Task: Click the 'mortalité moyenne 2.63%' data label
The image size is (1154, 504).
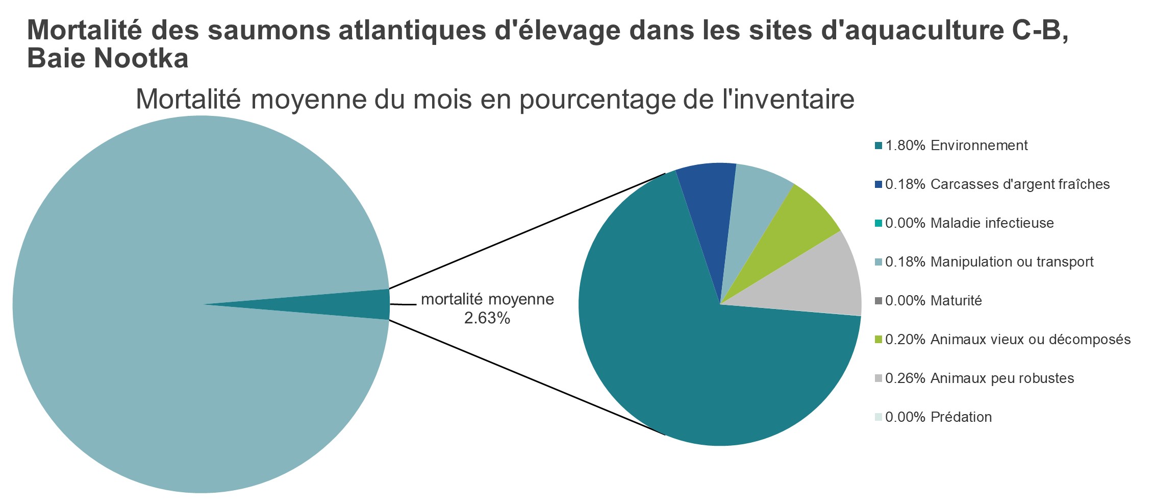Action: [x=487, y=308]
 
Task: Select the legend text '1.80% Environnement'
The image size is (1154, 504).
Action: [x=956, y=146]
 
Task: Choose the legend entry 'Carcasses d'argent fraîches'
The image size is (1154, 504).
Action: [x=997, y=184]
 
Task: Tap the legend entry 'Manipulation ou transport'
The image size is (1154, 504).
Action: [x=989, y=262]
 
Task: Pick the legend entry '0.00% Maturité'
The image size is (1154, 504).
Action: [x=933, y=301]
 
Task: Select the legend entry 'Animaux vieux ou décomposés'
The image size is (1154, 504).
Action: [x=1008, y=340]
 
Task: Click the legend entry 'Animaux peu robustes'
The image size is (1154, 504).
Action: [x=980, y=378]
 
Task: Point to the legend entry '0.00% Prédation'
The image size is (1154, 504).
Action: [x=938, y=417]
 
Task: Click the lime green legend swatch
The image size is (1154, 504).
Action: [x=878, y=340]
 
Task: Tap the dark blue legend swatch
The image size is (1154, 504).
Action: [x=878, y=184]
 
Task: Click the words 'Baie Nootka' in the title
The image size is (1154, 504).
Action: [x=108, y=59]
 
